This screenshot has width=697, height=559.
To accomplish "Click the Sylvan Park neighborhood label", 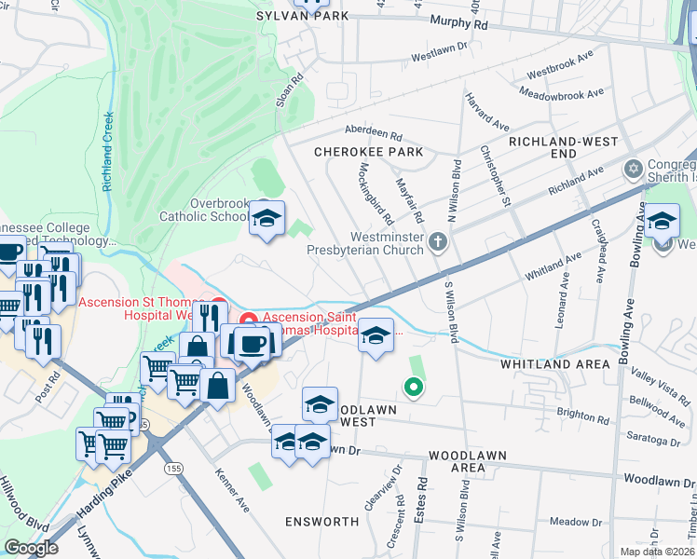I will pos(303,16).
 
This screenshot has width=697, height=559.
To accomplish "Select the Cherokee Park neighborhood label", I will pos(368,152).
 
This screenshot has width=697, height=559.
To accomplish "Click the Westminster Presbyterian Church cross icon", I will pos(439,242).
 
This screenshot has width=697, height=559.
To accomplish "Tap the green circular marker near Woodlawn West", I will pos(411,386).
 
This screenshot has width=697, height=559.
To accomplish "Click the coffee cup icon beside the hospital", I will pos(252,343).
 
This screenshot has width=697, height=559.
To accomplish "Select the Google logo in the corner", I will pos(31,548).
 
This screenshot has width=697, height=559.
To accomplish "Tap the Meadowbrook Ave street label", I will pos(563,94).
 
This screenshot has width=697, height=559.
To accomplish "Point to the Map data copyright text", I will pos(657,552).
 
